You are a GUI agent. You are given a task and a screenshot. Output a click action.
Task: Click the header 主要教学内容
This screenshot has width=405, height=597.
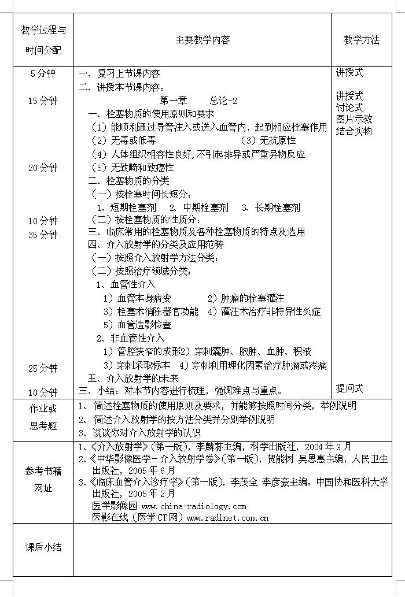pos(203,40)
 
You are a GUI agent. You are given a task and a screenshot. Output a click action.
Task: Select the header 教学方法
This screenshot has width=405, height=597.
pos(361,40)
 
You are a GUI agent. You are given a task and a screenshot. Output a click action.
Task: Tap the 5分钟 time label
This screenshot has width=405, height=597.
pos(42,73)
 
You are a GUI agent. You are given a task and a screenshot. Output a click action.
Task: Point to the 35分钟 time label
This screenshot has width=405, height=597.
pos(43,235)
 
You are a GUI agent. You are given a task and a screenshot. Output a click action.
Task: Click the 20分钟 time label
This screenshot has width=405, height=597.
pos(43,168)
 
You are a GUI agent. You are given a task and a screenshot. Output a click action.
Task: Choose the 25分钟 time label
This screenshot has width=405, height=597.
pos(43,368)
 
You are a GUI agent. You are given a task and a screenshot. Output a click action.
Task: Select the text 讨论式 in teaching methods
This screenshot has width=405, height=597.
pos(349,107)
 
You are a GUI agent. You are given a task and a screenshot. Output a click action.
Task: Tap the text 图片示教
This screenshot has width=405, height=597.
pos(354,119)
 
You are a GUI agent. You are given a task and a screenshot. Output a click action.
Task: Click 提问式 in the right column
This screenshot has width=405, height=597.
pos(349,388)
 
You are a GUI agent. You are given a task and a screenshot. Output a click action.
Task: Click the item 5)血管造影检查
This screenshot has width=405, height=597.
pos(138,325)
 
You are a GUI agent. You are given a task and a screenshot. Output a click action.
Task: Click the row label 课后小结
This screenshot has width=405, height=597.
pos(43,547)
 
